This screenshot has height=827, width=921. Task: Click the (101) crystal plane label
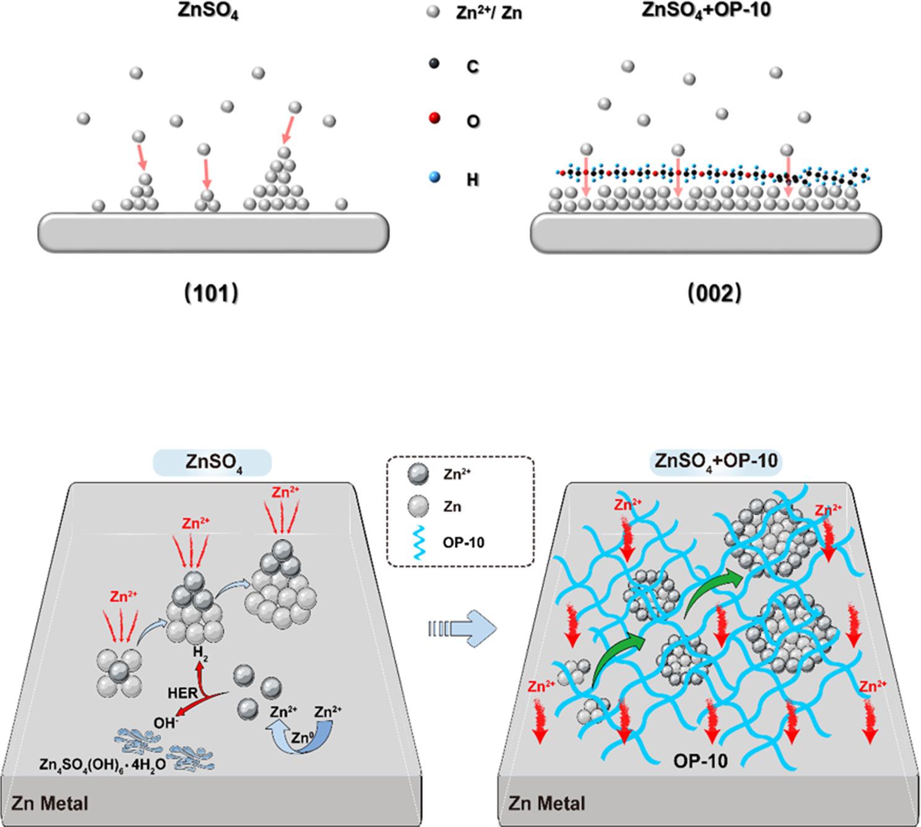(212, 293)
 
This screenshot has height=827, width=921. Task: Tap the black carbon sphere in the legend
(434, 63)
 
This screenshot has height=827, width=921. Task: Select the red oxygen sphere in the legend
(434, 118)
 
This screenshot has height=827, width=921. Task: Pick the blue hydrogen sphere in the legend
(434, 178)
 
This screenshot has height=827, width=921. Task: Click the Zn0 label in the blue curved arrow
(301, 738)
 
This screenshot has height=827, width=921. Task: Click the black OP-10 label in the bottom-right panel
(700, 760)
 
